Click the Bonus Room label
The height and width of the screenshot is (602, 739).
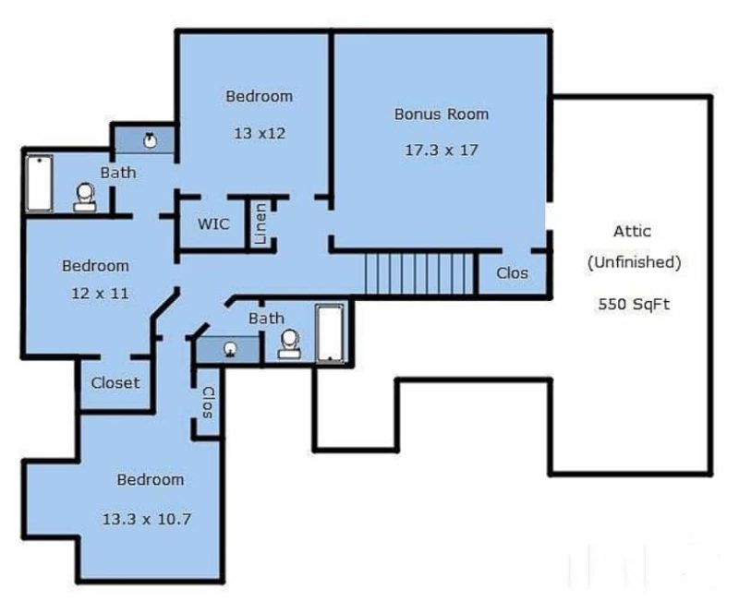coord(441,114)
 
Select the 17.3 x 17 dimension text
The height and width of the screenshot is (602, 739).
coord(442,149)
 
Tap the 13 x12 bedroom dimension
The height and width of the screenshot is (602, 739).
coord(259,132)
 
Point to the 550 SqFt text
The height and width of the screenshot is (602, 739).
coord(634,302)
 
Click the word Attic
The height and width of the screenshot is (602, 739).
coord(633,231)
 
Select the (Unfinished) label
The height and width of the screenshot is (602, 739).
coord(634,261)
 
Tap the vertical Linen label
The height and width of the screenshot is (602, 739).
coord(261,223)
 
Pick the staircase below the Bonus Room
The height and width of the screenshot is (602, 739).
coord(418,273)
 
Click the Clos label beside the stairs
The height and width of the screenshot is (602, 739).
coord(513,273)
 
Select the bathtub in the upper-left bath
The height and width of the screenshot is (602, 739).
coord(39,183)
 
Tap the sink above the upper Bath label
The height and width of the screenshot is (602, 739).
coord(150,141)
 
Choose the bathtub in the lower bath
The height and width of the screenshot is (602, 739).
coord(330,333)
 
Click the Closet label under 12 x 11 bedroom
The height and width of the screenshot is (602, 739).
coord(115,382)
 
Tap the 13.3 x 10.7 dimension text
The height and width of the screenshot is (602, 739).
coord(148,518)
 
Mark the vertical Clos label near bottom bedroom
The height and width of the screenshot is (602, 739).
coord(208,403)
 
